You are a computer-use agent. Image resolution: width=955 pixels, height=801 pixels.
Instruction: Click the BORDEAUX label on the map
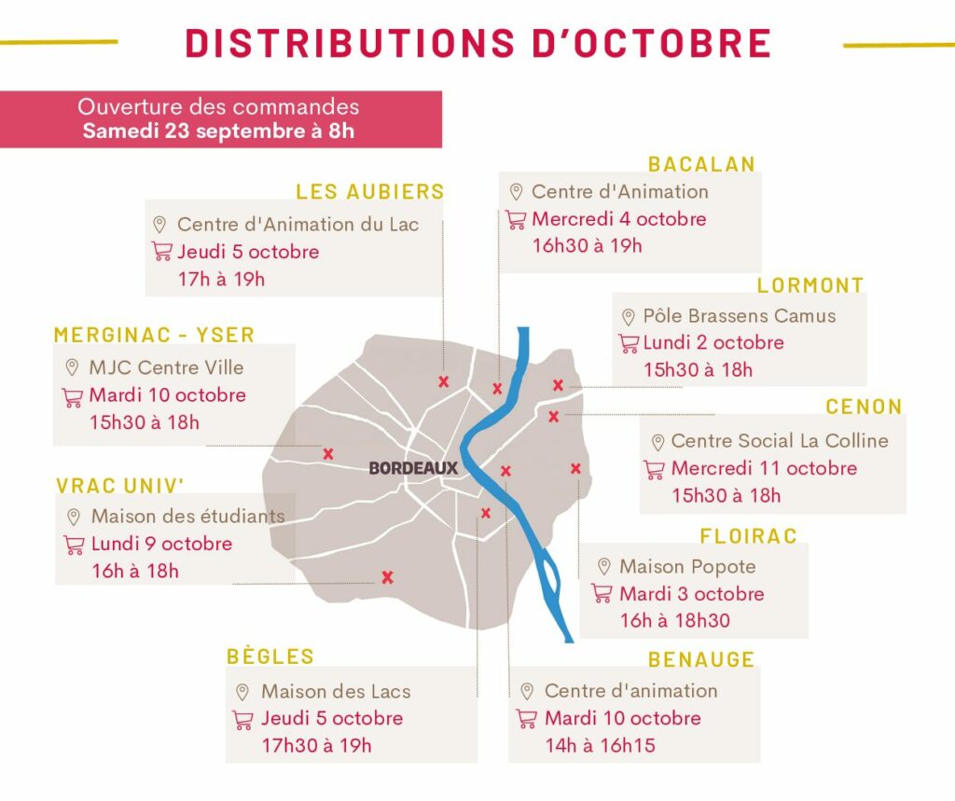(413, 468)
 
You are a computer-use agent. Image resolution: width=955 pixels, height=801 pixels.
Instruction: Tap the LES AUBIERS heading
(370, 192)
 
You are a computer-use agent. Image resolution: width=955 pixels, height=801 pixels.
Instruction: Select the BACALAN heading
(701, 164)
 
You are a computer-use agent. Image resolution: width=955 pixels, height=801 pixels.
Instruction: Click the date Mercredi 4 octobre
(618, 219)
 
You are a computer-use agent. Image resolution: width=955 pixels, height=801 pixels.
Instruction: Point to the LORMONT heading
(810, 285)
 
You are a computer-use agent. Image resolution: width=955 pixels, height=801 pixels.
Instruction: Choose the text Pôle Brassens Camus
(740, 316)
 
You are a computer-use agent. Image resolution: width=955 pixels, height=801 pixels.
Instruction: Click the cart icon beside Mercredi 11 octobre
(655, 469)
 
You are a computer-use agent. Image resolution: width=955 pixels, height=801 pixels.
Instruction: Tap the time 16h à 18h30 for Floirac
(674, 620)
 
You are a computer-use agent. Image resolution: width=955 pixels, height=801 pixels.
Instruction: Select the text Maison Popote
(687, 566)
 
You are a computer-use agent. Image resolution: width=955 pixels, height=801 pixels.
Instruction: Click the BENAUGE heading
(701, 659)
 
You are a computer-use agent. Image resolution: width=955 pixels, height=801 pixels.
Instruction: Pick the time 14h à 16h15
(600, 745)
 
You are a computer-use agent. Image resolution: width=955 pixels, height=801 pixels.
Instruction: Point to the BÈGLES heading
(270, 656)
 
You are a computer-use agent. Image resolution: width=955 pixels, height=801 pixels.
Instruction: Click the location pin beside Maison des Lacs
(242, 692)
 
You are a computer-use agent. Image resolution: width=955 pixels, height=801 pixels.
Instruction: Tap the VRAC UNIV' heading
(120, 486)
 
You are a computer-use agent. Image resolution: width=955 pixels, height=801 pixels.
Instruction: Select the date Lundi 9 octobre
(161, 544)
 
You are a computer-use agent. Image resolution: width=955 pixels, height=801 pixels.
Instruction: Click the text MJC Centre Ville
(153, 367)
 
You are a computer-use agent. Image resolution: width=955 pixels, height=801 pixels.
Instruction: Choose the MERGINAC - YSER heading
(154, 336)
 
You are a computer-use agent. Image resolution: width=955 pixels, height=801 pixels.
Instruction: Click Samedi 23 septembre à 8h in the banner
(218, 131)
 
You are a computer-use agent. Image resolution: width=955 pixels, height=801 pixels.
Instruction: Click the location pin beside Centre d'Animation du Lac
(159, 225)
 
